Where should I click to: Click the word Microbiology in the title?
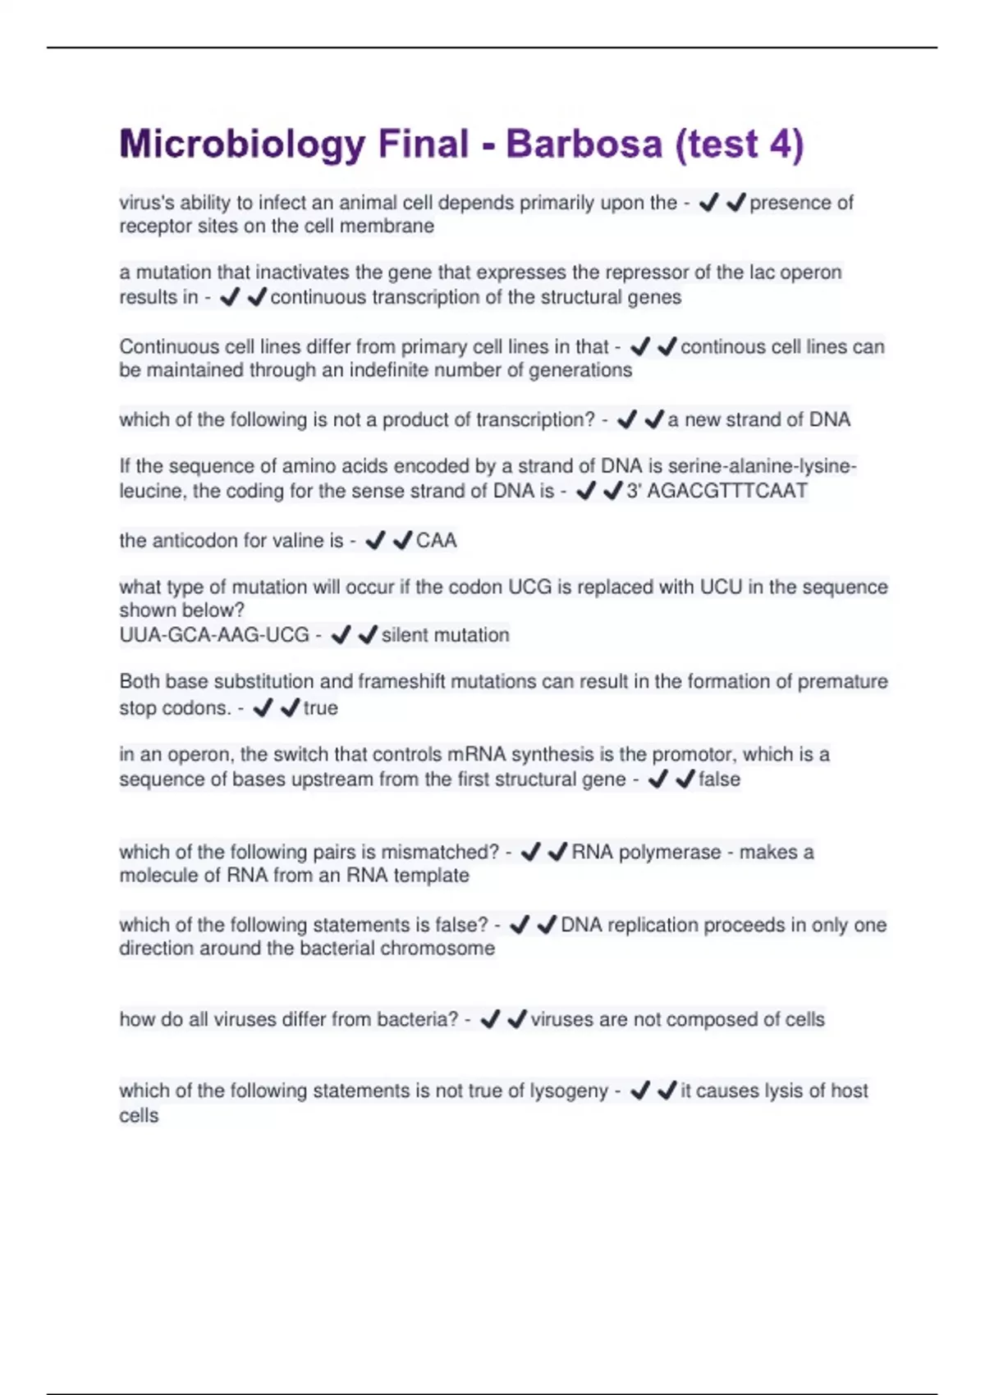coord(242,144)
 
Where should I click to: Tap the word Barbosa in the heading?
coord(584,144)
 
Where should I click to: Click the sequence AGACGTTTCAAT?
coord(727,491)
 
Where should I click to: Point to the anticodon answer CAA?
coord(436,540)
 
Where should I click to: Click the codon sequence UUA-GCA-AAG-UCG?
coord(214,634)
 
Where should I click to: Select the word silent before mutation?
coord(408,634)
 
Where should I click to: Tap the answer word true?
coord(320,707)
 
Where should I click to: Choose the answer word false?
coord(719,779)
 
